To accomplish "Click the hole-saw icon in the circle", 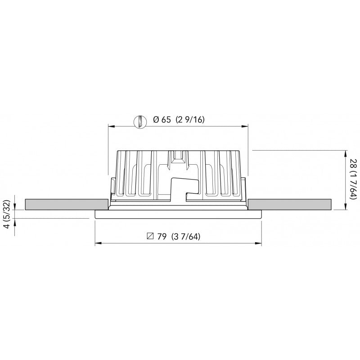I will click(x=141, y=121).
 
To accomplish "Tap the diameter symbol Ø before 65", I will click(x=156, y=120).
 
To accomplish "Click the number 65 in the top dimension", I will click(x=166, y=120).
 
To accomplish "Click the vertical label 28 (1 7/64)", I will click(x=354, y=180).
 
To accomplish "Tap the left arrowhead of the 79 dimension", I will click(x=98, y=244).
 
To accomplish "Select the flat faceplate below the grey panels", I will click(x=179, y=214).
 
